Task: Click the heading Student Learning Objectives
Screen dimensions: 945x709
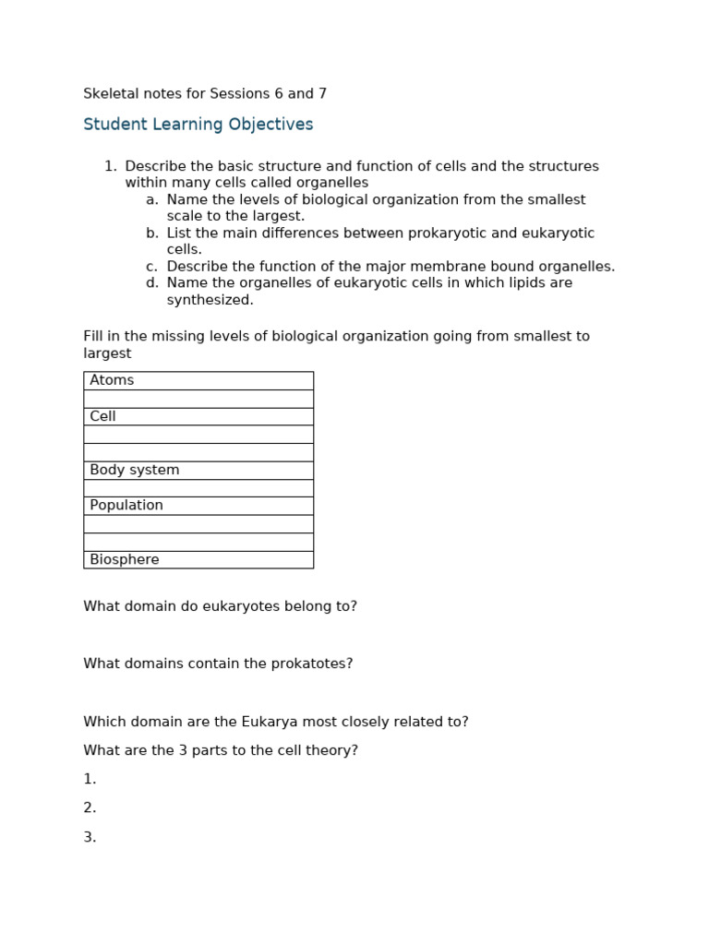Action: coord(198,125)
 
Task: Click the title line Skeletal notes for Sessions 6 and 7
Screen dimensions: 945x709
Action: coord(205,94)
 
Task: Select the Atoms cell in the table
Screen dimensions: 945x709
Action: coord(198,380)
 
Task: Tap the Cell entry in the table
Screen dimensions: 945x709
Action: coord(198,416)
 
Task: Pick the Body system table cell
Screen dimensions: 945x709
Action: coord(198,470)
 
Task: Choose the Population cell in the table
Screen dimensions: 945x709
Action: coord(198,506)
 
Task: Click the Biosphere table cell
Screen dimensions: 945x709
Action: coord(198,559)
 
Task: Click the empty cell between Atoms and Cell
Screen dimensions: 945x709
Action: coord(198,399)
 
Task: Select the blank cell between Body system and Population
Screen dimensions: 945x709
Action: coord(198,488)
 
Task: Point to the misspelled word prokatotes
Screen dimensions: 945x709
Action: coord(311,664)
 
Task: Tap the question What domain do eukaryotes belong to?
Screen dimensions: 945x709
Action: coord(220,606)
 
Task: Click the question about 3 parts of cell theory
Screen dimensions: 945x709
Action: coord(221,750)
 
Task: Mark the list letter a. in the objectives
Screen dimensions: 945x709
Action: coord(151,199)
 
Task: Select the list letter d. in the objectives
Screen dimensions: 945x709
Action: coord(151,282)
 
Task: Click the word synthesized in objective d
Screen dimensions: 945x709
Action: coord(210,300)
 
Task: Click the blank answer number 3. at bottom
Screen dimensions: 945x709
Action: coord(90,837)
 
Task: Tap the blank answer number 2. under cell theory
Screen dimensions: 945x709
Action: coord(90,807)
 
